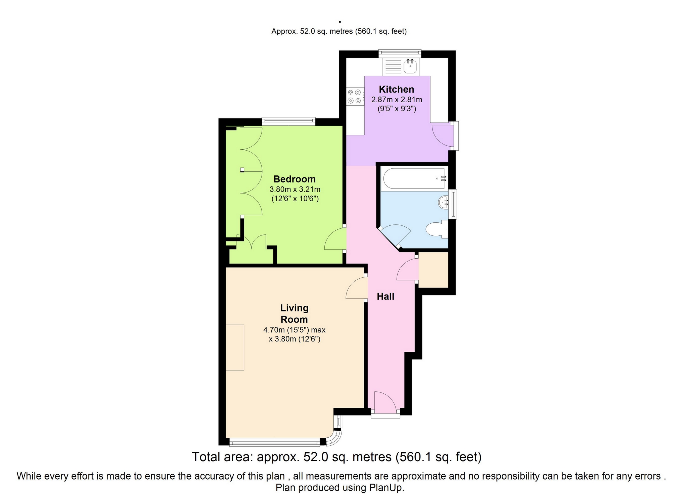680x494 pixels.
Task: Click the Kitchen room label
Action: (396, 89)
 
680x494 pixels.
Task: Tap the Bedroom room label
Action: (294, 179)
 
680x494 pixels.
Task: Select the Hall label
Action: (386, 296)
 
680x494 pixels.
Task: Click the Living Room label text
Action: (294, 314)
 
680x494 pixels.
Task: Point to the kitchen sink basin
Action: (410, 66)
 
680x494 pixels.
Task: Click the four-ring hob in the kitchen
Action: (355, 96)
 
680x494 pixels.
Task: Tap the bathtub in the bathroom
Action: (415, 179)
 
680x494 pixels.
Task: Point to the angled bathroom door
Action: (395, 236)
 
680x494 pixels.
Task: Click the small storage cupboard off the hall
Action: (434, 270)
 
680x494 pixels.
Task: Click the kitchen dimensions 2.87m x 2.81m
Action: (397, 100)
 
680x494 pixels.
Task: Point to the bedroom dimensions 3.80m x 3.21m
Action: (295, 189)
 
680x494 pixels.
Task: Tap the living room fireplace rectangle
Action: (235, 347)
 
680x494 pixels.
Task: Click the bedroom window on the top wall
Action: (288, 121)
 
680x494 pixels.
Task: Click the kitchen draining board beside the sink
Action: (393, 66)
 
